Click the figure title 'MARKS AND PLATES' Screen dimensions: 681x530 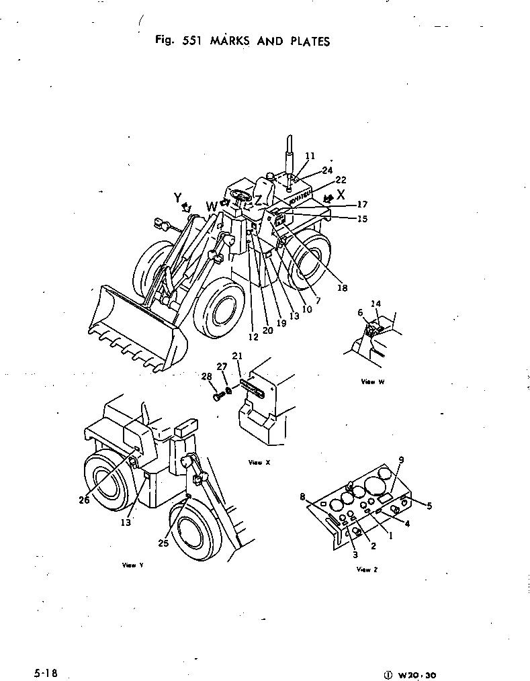[x=269, y=42]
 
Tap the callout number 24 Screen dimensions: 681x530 [x=327, y=170]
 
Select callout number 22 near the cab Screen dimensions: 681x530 [x=341, y=180]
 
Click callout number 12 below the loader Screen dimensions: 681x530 [x=253, y=337]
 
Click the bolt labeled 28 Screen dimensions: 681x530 [x=218, y=398]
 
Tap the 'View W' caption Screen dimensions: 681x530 [x=372, y=381]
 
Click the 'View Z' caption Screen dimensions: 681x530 [x=367, y=570]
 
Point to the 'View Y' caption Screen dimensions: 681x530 [x=129, y=565]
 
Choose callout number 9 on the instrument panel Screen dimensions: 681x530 [x=400, y=459]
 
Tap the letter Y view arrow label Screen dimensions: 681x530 [x=178, y=197]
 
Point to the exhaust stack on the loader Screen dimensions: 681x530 [x=290, y=154]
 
